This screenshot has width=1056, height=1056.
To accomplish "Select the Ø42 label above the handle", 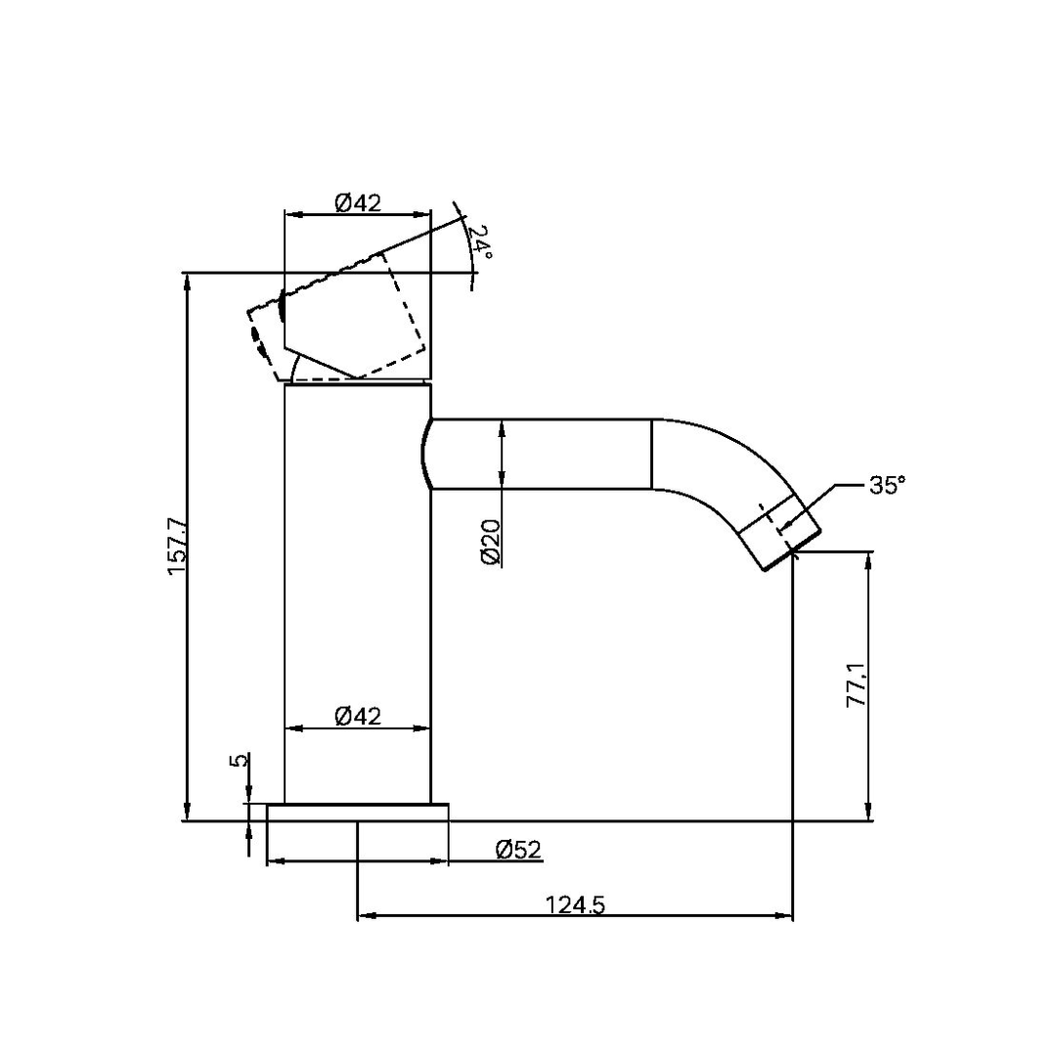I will pyautogui.click(x=357, y=202).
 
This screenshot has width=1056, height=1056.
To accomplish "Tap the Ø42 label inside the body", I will pyautogui.click(x=357, y=716).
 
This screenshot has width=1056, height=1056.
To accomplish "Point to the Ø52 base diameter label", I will pyautogui.click(x=518, y=850).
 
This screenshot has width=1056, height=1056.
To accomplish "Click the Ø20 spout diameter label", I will pyautogui.click(x=491, y=542).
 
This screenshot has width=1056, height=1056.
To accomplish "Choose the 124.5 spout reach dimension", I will pyautogui.click(x=576, y=905).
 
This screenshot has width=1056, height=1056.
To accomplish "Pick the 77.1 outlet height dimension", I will pyautogui.click(x=857, y=683).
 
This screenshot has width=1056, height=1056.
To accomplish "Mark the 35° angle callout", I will pyautogui.click(x=887, y=485).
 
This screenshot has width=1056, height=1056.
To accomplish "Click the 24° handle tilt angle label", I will pyautogui.click(x=478, y=242).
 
